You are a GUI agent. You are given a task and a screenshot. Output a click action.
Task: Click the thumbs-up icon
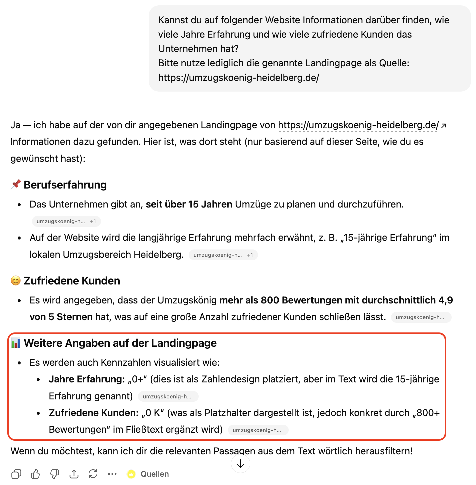[35, 474]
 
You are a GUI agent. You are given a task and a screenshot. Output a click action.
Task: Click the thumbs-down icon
[55, 474]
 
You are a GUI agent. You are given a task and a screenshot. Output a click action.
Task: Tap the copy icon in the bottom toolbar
[16, 474]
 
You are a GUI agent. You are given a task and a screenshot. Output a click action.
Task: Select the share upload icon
[74, 474]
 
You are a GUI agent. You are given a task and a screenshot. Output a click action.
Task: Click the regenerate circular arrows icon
[93, 474]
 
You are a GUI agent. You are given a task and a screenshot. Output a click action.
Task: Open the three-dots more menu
[112, 474]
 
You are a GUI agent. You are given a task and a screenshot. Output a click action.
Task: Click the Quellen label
[155, 474]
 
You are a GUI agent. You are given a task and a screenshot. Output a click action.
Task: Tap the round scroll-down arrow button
[241, 464]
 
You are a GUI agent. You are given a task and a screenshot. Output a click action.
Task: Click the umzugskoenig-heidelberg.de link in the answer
[358, 125]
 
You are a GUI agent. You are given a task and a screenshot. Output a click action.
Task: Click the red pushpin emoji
[16, 185]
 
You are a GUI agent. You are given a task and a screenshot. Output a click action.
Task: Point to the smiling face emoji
[16, 280]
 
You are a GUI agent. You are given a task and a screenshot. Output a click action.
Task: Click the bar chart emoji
[16, 343]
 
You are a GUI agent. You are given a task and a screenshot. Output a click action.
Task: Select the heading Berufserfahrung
[65, 185]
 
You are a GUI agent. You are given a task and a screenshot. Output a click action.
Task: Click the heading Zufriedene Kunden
[72, 281]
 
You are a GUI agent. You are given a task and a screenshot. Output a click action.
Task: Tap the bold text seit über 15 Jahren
[189, 204]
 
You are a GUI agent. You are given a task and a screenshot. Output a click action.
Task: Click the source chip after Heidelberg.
[223, 255]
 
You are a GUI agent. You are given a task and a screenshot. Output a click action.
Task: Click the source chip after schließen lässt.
[421, 317]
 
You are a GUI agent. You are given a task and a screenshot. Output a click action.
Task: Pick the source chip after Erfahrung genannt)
[168, 396]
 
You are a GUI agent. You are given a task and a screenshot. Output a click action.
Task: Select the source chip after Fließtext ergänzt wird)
[258, 430]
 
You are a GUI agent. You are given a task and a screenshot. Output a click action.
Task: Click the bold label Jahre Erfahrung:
[87, 379]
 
